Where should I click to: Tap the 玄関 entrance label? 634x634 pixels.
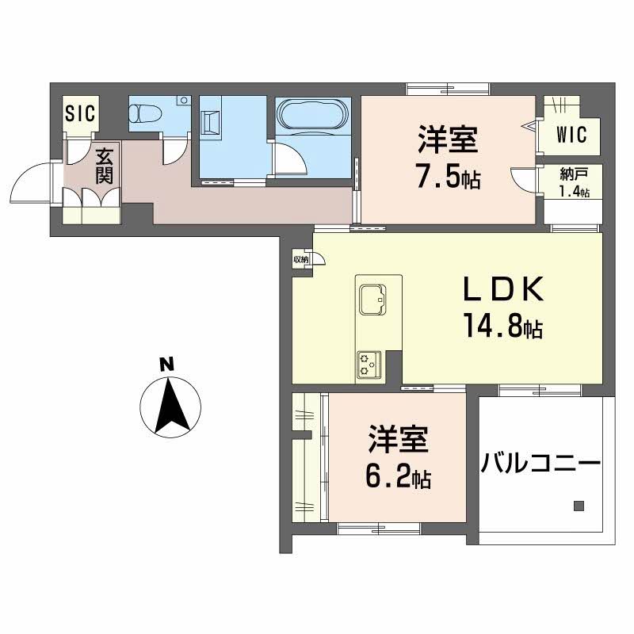[x=103, y=165]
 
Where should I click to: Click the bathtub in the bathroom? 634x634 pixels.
[x=311, y=115]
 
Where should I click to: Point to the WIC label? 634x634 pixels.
[x=570, y=136]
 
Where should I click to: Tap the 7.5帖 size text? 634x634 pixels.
[x=449, y=177]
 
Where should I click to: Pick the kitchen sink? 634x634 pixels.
[x=371, y=300]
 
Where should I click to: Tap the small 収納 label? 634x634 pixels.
[x=300, y=258]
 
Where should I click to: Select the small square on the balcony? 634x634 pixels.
[x=579, y=506]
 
